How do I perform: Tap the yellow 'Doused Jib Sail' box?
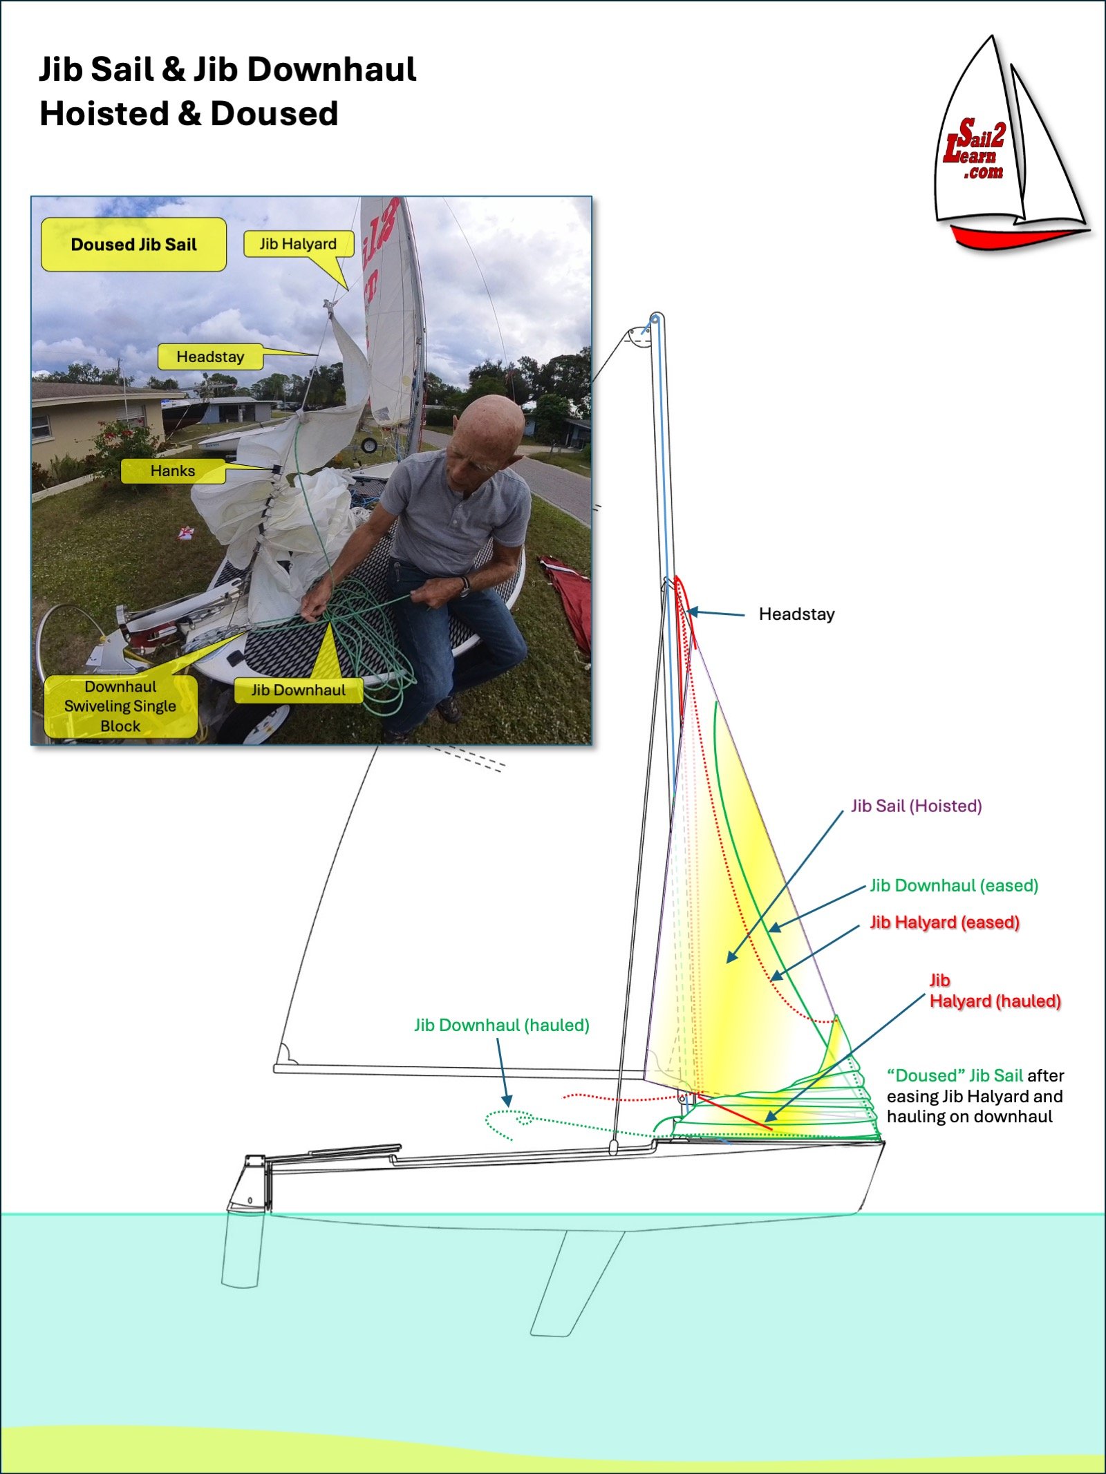pyautogui.click(x=133, y=245)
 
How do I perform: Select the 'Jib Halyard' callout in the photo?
pyautogui.click(x=299, y=244)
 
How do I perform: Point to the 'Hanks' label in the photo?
pyautogui.click(x=173, y=471)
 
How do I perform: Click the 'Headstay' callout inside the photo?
pyautogui.click(x=210, y=357)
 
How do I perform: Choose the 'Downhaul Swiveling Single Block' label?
pyautogui.click(x=120, y=706)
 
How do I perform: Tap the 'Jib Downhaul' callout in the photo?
pyautogui.click(x=299, y=690)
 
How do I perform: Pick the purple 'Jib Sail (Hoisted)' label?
pyautogui.click(x=916, y=806)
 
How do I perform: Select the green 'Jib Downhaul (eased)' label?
pyautogui.click(x=954, y=885)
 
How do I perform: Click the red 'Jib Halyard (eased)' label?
pyautogui.click(x=944, y=922)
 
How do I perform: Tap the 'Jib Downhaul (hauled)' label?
pyautogui.click(x=502, y=1025)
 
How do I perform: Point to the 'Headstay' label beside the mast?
pyautogui.click(x=796, y=614)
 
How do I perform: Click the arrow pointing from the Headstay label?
pyautogui.click(x=715, y=613)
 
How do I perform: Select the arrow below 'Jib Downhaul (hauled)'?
pyautogui.click(x=503, y=1073)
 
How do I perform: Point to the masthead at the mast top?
pyautogui.click(x=655, y=321)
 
